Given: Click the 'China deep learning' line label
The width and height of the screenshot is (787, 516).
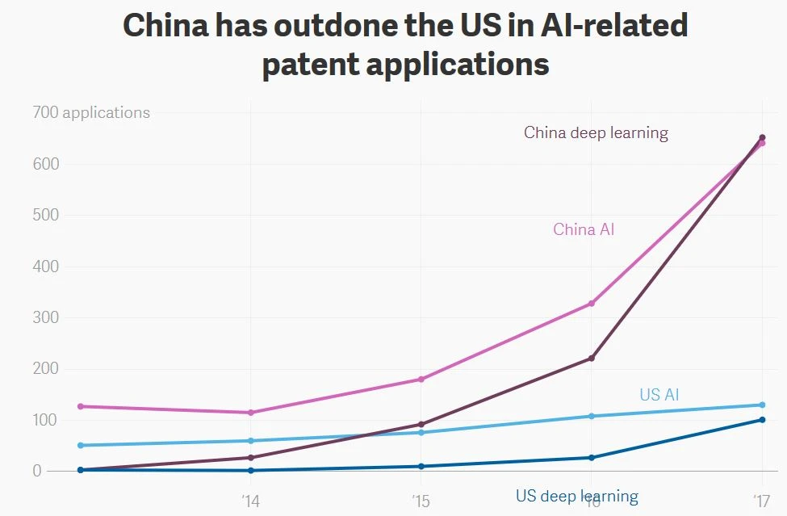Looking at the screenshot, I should click(x=596, y=133).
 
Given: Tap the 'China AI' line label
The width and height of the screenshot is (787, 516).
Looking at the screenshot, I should click(x=584, y=230).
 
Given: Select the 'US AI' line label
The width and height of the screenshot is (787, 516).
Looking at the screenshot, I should click(x=659, y=395).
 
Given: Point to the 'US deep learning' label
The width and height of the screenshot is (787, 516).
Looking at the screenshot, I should click(x=577, y=497).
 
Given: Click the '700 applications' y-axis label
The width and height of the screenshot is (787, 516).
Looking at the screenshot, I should click(x=91, y=113).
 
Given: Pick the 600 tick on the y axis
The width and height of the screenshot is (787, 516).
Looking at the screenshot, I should click(x=47, y=164).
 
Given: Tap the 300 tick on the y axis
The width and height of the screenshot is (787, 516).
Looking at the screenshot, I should click(x=47, y=317).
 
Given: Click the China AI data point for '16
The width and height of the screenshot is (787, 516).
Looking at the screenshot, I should click(x=592, y=304).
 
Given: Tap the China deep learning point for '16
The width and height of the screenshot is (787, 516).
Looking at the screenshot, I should click(x=592, y=359).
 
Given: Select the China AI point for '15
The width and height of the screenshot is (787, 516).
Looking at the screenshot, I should click(x=421, y=380).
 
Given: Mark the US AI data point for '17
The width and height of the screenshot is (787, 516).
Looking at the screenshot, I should click(x=762, y=405).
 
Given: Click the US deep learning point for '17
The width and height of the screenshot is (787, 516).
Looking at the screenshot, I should click(x=762, y=420).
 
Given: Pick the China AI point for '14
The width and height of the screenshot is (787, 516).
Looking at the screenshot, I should click(x=250, y=413).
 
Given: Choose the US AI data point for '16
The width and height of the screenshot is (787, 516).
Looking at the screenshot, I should click(x=592, y=417).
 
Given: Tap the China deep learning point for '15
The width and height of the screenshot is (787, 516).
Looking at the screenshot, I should click(x=421, y=425).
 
